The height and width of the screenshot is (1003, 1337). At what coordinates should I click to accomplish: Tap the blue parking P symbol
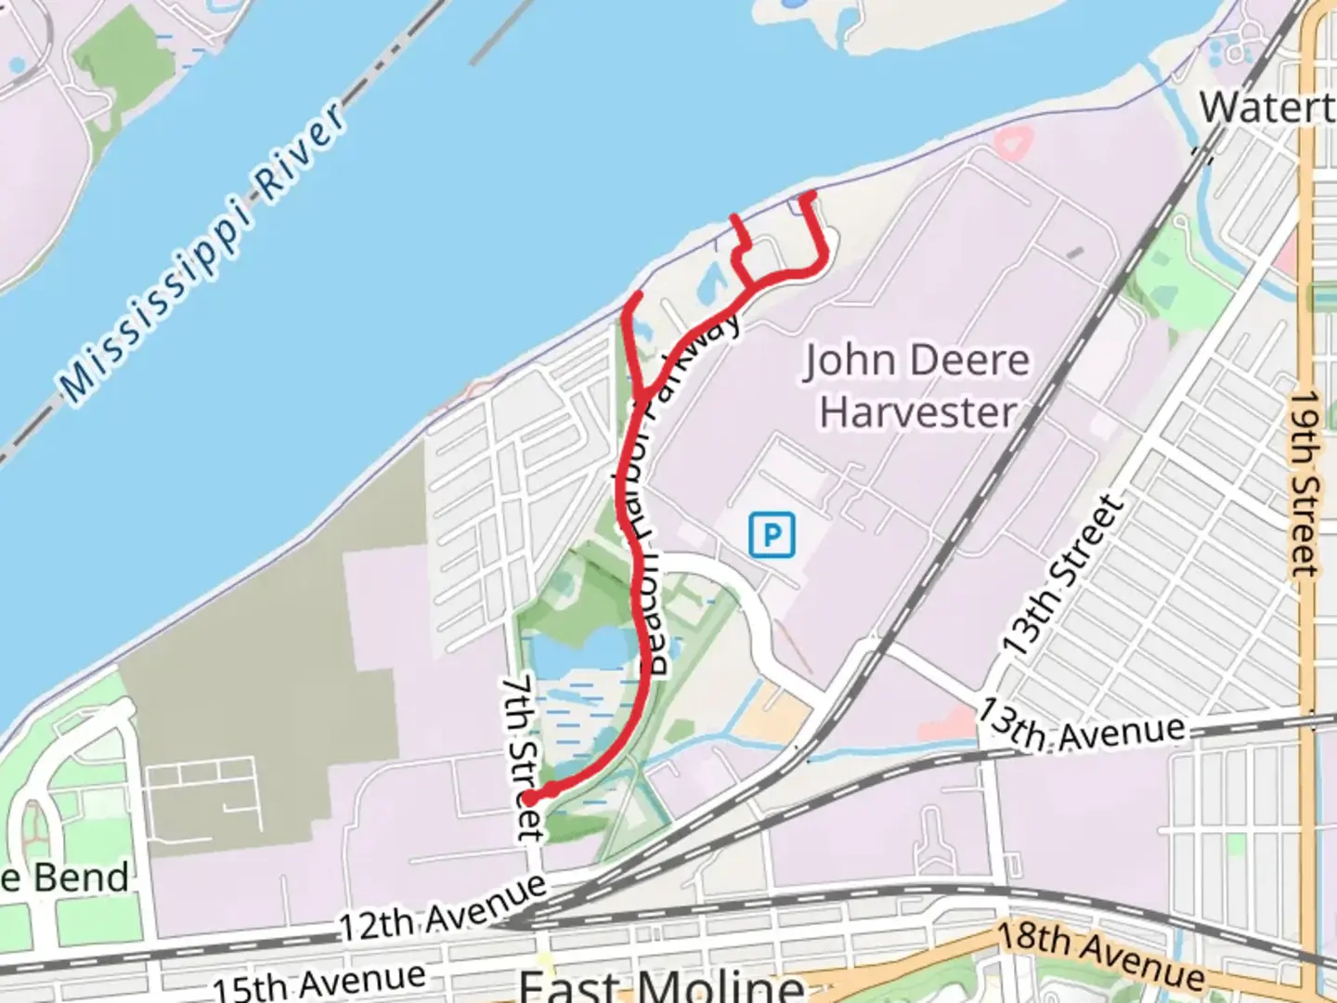[772, 535]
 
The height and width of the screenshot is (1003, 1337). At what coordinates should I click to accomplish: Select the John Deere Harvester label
[916, 385]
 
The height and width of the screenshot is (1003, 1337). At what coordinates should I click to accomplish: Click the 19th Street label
[1304, 482]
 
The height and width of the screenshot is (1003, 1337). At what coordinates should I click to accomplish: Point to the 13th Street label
[1062, 576]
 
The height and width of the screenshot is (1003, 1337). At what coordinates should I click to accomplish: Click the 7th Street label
[523, 757]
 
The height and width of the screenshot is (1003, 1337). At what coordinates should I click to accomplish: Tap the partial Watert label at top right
[1266, 108]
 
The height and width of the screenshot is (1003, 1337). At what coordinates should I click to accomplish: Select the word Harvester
[918, 411]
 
